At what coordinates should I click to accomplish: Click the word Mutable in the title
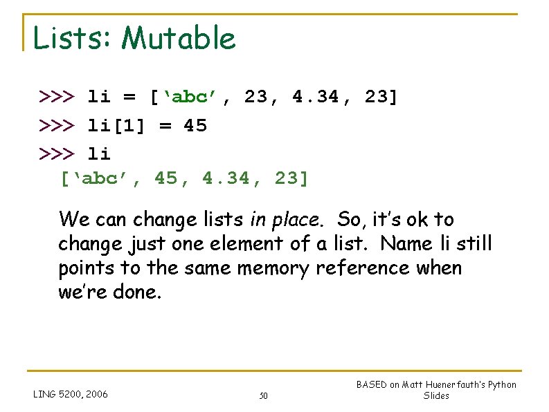coord(178,38)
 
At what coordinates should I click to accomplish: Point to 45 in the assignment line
coord(195,126)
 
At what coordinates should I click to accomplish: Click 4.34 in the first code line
coord(316,97)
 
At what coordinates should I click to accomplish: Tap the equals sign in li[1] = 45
coord(159,126)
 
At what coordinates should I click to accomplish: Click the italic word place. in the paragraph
coord(296,220)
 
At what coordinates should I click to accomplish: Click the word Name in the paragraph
coord(405,243)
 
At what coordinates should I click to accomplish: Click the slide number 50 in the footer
coord(263,396)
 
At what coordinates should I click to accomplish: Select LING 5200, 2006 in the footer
coord(71,394)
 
